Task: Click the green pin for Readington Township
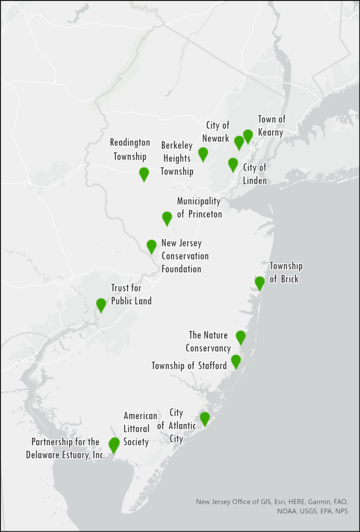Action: coord(144,174)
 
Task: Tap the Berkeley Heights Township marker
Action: coord(203,154)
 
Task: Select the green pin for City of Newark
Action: coord(239,142)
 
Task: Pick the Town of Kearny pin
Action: coord(248,136)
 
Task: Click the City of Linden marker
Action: coord(233,164)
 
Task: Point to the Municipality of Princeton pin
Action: coord(167,218)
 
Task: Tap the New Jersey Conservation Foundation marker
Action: coord(152,246)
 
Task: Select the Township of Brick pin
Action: coord(260,283)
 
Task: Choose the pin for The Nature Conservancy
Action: coord(241,337)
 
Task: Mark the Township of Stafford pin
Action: coord(236,361)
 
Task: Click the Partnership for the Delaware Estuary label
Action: coord(65,448)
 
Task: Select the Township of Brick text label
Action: coord(286,272)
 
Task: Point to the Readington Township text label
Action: coord(130,149)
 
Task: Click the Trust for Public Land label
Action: coord(131,294)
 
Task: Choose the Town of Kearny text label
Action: coord(272,126)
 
